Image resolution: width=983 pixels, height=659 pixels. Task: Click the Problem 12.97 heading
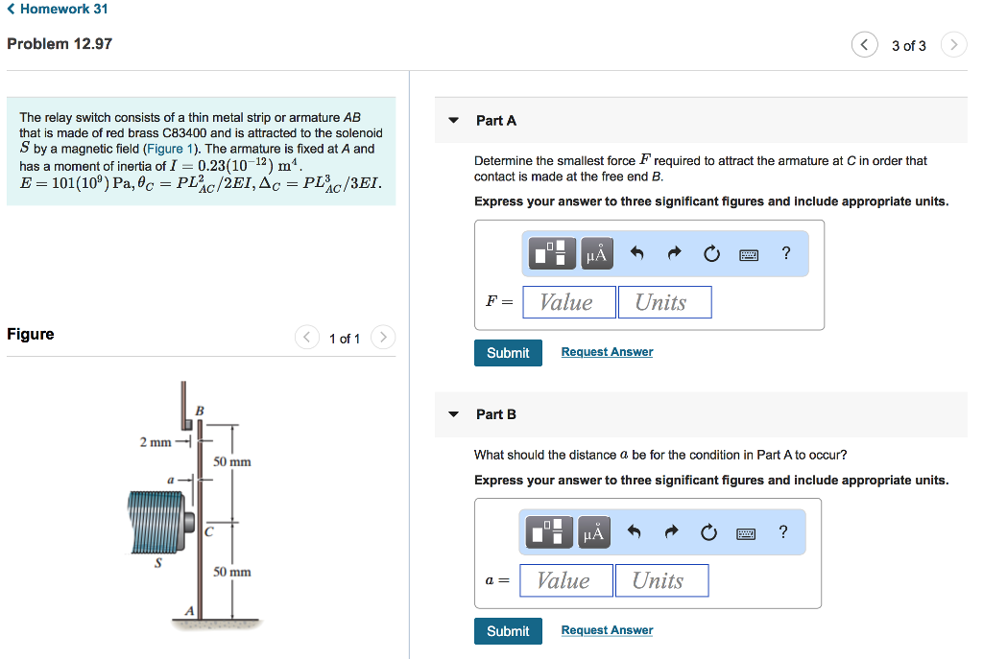coord(60,44)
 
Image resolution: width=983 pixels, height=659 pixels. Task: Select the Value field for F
coord(566,302)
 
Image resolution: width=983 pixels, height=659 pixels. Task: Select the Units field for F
coord(664,302)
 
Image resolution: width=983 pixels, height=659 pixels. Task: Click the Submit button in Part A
coord(508,353)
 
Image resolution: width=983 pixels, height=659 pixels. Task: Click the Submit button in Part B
coord(508,631)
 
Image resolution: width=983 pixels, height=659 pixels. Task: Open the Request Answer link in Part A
coord(607,352)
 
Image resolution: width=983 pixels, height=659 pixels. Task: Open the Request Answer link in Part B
coord(607,630)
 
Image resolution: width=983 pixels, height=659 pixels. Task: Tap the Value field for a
coord(563,580)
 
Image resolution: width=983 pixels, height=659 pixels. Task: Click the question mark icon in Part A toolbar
coord(786,253)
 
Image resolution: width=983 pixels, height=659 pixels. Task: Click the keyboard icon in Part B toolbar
coord(746,532)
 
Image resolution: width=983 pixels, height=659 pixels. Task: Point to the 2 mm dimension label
coord(155,442)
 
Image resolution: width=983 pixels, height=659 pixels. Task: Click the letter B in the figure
coord(200,411)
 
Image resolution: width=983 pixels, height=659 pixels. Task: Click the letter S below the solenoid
coord(157,564)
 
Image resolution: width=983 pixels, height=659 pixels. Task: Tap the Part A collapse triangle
coord(454,121)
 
